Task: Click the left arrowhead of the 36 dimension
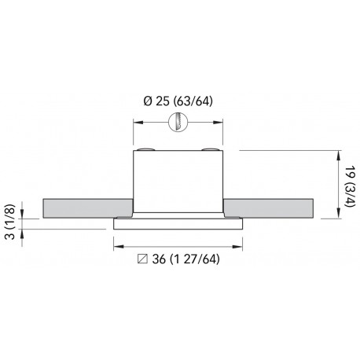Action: point(116,244)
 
